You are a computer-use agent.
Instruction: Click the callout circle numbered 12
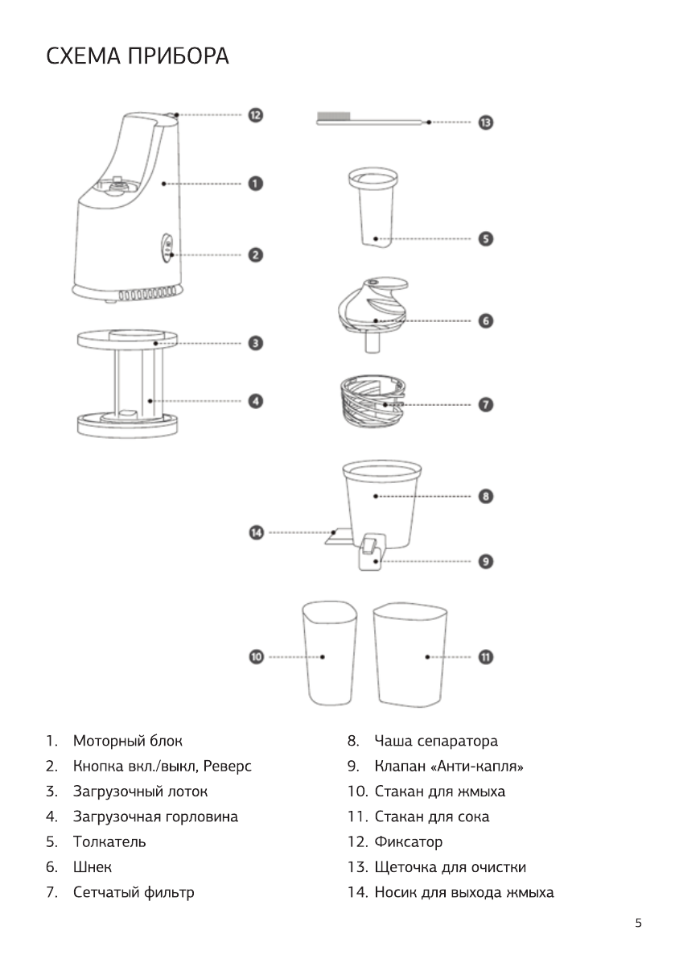coord(254,115)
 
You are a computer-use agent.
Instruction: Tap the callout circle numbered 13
coord(486,122)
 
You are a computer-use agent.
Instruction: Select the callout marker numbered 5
coord(486,239)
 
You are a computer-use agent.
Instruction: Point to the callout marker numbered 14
coord(257,532)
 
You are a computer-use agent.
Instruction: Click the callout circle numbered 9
coord(486,560)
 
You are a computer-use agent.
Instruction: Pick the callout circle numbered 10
coord(257,657)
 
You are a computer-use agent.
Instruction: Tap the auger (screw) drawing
coord(372,309)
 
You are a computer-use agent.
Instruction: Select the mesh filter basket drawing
coord(372,400)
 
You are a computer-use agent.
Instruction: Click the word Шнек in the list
coord(93,867)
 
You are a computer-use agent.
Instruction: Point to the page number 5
coord(638,924)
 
